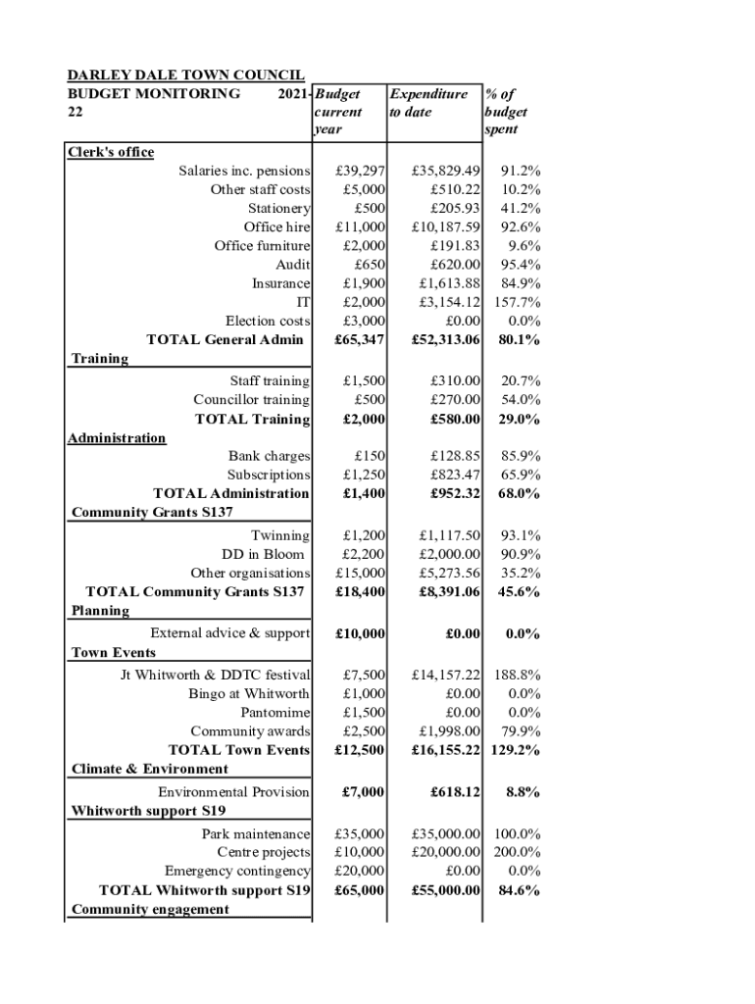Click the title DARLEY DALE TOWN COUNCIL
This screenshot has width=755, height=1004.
pos(185,75)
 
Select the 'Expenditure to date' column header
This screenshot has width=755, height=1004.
pos(428,103)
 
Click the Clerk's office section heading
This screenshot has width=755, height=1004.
pos(111,152)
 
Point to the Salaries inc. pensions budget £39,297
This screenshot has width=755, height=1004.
pos(360,171)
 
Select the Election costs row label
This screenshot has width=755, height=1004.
pos(268,321)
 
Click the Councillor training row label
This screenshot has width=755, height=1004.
pos(252,400)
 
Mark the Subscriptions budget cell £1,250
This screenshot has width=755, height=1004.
pos(364,475)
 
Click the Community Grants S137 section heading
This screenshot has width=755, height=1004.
pos(152,512)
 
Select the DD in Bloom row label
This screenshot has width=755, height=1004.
pos(263,554)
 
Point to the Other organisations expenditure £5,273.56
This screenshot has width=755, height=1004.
pos(449,573)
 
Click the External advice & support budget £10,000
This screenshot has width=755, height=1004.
pos(359,633)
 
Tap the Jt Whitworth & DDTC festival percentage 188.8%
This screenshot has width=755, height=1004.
pos(516,675)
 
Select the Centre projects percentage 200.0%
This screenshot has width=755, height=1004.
pos(516,852)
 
